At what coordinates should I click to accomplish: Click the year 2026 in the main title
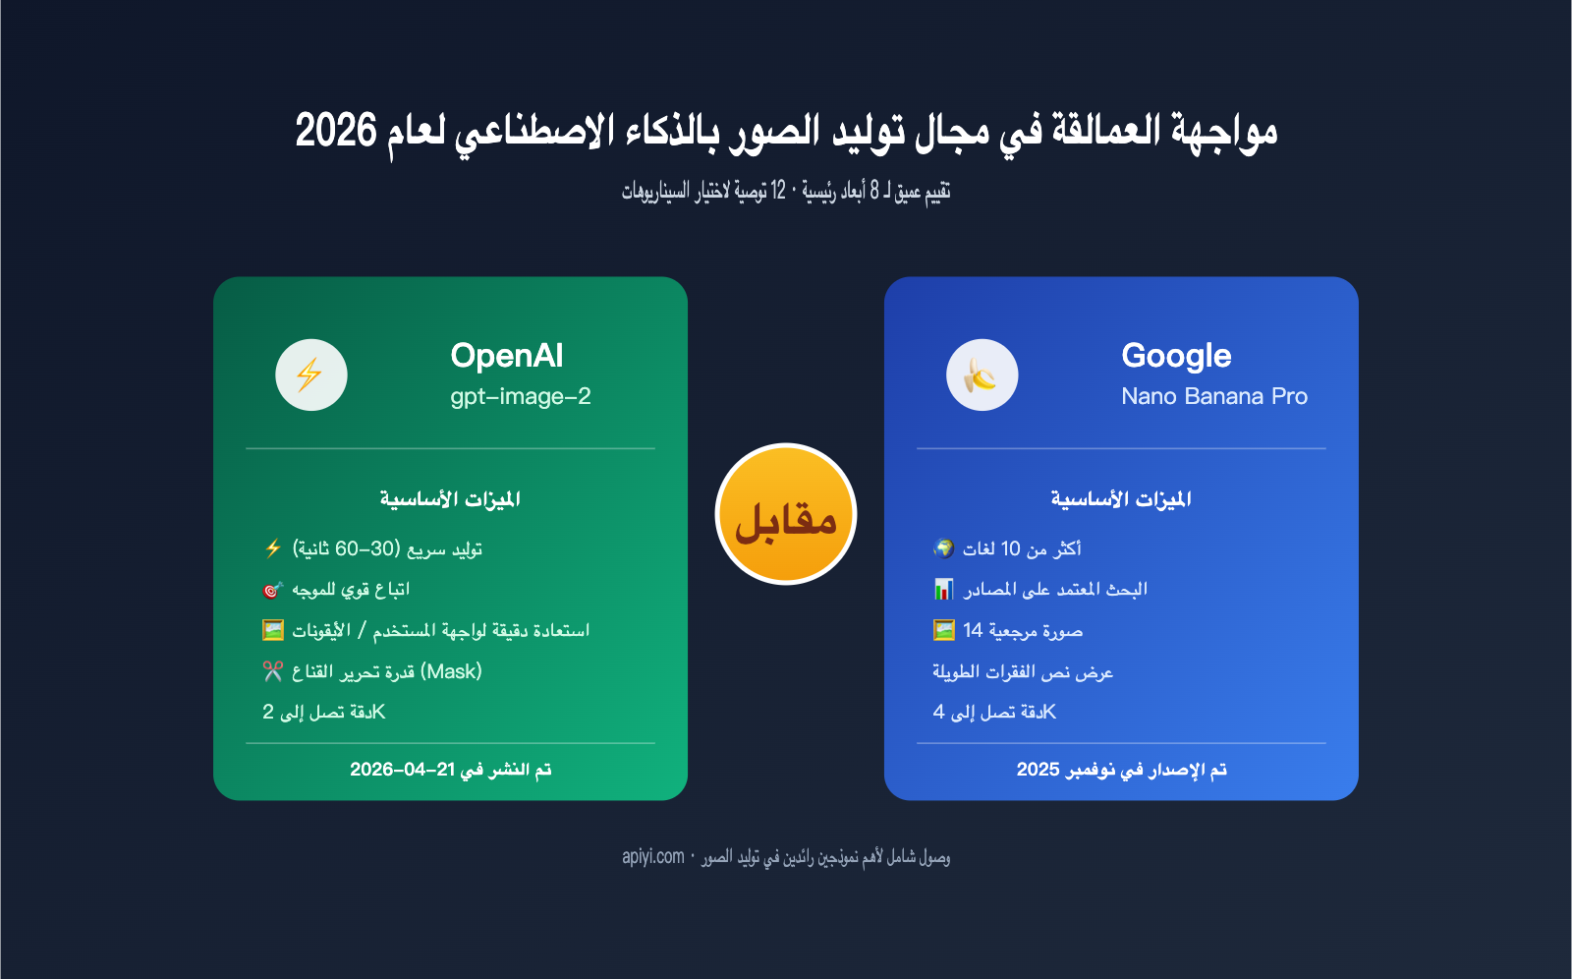(336, 131)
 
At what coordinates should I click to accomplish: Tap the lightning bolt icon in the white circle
(309, 375)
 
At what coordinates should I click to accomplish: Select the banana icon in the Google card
(982, 375)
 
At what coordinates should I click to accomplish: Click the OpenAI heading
(507, 356)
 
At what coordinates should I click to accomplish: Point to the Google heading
(1176, 356)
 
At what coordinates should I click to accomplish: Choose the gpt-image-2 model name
(521, 397)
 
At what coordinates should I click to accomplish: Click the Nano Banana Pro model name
(1214, 397)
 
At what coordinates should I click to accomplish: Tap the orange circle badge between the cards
(786, 514)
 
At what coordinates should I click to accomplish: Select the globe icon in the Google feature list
(944, 548)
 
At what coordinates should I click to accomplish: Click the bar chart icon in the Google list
(944, 589)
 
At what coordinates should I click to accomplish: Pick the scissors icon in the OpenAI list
(273, 671)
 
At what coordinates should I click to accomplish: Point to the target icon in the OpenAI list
(273, 590)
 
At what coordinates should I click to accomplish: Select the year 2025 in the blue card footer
(1038, 770)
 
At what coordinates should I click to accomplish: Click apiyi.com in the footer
(652, 857)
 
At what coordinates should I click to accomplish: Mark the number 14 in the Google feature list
(973, 631)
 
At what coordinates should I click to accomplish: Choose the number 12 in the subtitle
(778, 191)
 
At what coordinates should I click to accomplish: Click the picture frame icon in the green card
(273, 630)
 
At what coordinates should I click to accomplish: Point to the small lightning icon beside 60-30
(273, 548)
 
